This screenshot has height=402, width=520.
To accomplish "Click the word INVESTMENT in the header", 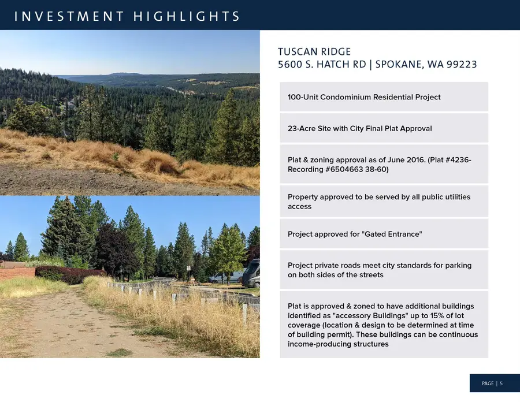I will (69, 16).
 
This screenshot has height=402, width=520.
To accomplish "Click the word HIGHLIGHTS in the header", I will (186, 16).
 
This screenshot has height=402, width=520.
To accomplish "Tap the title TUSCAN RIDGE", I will (314, 52).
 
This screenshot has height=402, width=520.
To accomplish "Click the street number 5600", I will (291, 64).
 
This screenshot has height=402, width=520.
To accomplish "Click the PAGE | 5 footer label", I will (492, 384).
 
